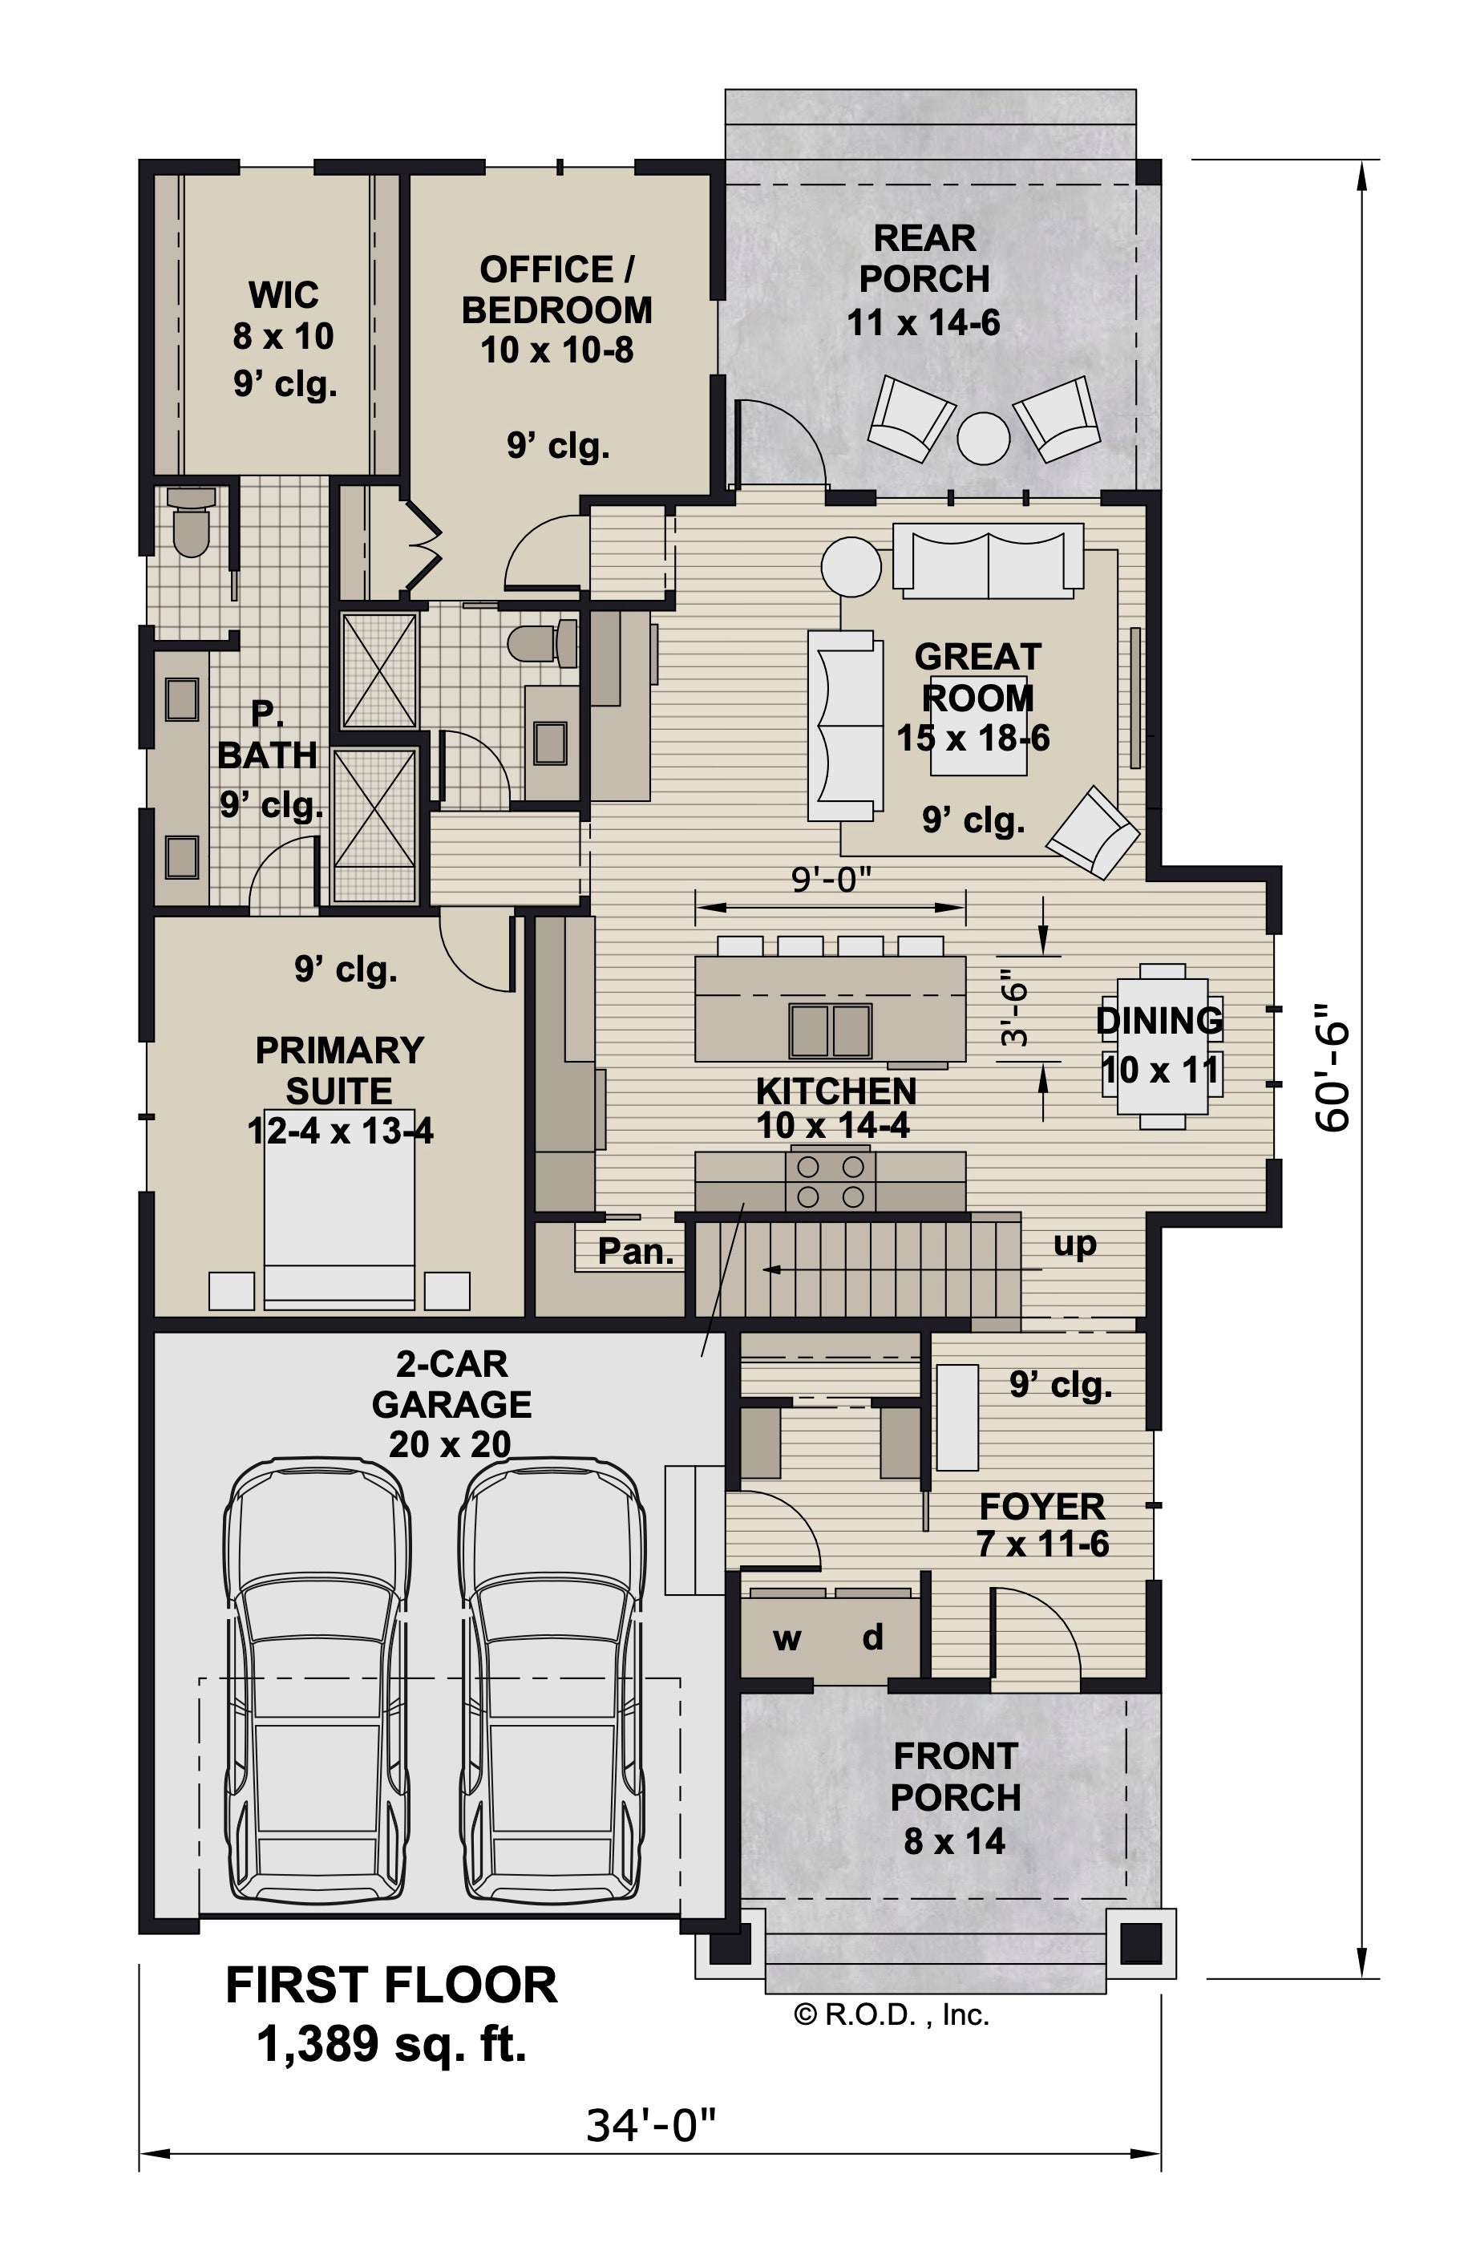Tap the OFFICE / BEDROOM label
[556, 290]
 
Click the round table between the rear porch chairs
[983, 438]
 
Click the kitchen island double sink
[831, 1030]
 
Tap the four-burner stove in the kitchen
[831, 1181]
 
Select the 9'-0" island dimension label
[831, 881]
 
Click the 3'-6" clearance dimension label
[1014, 1006]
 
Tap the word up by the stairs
[1074, 1243]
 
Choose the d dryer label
[872, 1636]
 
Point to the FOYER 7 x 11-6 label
[1042, 1524]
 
